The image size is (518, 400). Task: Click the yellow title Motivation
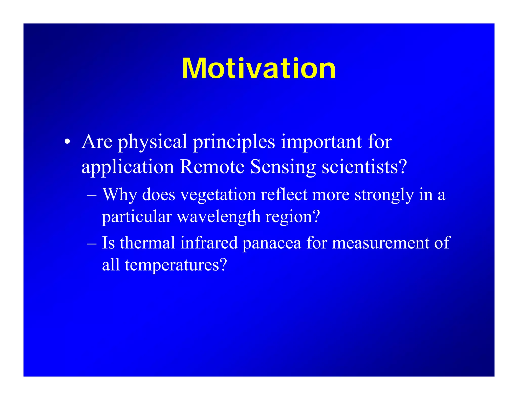tap(259, 69)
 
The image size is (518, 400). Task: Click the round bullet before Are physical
tap(67, 142)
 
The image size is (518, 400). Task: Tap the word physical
tap(153, 142)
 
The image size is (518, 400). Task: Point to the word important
tap(321, 142)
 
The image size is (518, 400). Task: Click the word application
tap(127, 167)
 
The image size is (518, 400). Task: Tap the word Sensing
tap(283, 167)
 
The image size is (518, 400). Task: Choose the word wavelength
tap(219, 217)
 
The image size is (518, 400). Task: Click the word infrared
tap(209, 242)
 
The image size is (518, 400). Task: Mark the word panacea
tap(272, 243)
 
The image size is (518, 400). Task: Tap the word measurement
tap(380, 243)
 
